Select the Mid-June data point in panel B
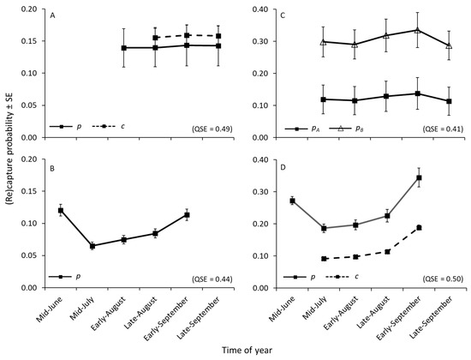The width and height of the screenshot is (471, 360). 61,210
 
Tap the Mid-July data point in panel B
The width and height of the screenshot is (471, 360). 92,246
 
